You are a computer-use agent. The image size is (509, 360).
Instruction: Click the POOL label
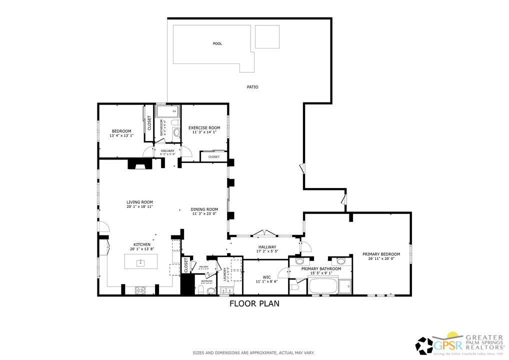pos(217,43)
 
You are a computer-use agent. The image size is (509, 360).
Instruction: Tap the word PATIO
pos(252,87)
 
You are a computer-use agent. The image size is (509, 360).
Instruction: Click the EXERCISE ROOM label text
pos(204,128)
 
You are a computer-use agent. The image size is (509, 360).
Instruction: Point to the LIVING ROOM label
pos(139,202)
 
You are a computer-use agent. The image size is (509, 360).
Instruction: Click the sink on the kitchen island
pos(141,261)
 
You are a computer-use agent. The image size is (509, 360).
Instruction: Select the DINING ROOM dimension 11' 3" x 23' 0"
pos(204,214)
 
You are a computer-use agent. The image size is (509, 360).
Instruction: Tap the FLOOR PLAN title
pos(254,303)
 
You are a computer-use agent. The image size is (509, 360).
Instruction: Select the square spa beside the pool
pos(267,36)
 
